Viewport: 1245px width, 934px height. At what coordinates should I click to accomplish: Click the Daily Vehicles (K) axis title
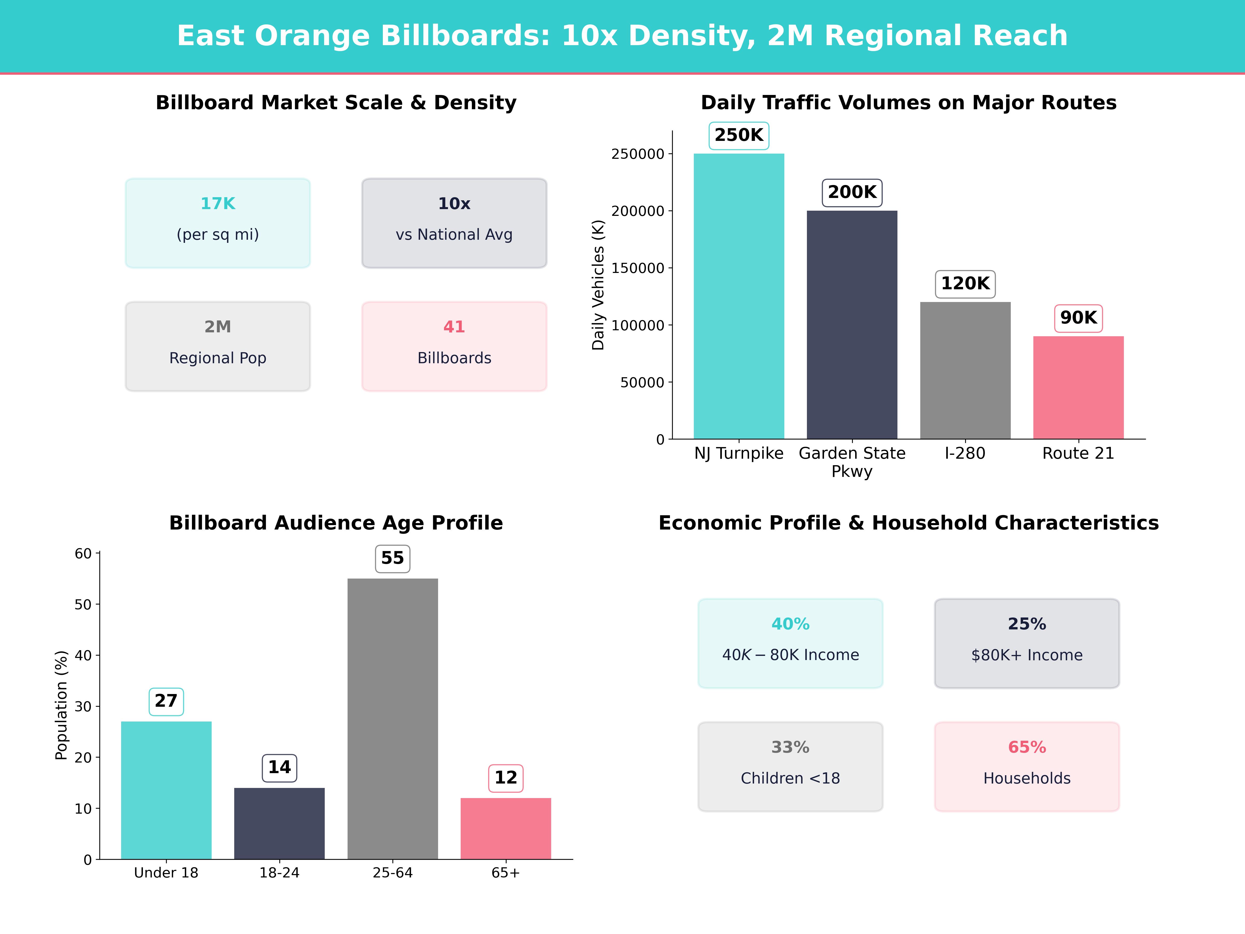(x=598, y=285)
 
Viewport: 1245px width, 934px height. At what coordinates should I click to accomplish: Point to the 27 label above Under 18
(x=166, y=701)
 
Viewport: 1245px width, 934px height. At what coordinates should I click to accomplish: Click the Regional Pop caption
(x=218, y=358)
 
